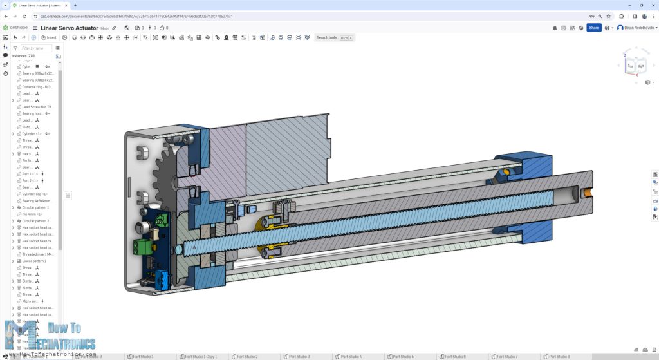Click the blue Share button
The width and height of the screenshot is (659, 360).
click(593, 28)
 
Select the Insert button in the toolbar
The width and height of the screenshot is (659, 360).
click(49, 37)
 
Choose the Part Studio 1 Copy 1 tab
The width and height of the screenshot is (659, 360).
click(200, 356)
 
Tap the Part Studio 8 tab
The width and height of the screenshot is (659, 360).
click(559, 356)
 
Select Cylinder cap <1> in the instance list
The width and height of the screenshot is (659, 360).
click(35, 194)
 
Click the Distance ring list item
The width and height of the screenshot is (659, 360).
click(37, 86)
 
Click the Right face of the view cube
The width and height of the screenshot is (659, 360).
click(641, 66)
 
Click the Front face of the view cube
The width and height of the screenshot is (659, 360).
click(631, 66)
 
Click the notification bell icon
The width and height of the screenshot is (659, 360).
click(555, 28)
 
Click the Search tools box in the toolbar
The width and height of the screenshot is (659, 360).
click(333, 37)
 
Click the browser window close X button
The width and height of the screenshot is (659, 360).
click(651, 5)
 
